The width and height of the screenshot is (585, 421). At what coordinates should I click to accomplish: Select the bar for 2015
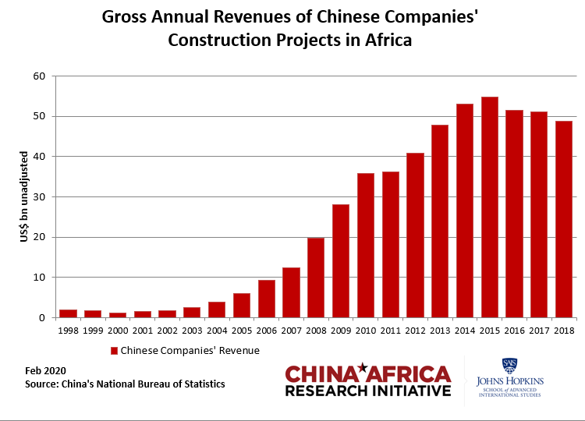[489, 207]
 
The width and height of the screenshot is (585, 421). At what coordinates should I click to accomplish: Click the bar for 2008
[316, 278]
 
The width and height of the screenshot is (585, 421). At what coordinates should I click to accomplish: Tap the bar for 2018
[563, 219]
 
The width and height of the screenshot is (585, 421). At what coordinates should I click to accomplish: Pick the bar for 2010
[365, 246]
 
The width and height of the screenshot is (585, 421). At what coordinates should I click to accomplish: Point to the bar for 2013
[439, 221]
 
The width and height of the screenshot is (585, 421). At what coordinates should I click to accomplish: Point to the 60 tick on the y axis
[40, 76]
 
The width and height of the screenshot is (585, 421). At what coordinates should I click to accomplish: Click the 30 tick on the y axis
[40, 197]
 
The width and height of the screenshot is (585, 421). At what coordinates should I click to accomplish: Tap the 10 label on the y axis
[40, 278]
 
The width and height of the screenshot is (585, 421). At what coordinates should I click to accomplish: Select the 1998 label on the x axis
[68, 331]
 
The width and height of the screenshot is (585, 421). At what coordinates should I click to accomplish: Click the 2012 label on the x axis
[414, 331]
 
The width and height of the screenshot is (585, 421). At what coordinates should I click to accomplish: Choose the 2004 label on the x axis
[217, 331]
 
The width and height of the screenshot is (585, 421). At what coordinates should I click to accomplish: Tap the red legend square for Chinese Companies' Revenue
[114, 351]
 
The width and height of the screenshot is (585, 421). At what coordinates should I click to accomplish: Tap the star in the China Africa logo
[363, 367]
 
